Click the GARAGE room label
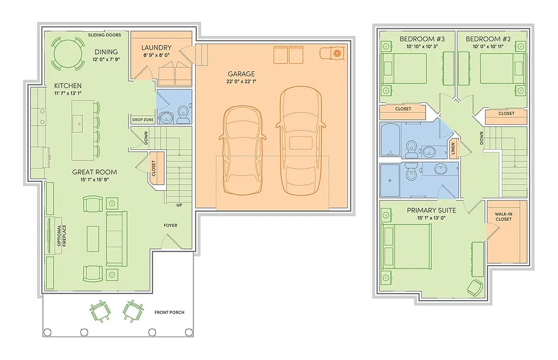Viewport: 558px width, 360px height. coord(241,74)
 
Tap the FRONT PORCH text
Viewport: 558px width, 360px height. coord(169,312)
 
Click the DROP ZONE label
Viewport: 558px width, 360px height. coord(142,120)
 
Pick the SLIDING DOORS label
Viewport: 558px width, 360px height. coord(105,35)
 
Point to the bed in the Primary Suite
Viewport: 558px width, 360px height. coord(406,246)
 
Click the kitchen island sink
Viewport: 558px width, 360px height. coord(80,124)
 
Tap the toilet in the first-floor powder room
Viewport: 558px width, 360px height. coord(183,114)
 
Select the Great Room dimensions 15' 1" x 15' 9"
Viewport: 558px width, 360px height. coord(94,180)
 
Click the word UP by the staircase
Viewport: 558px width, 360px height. coord(179,205)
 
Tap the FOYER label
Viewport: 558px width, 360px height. coord(171,225)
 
